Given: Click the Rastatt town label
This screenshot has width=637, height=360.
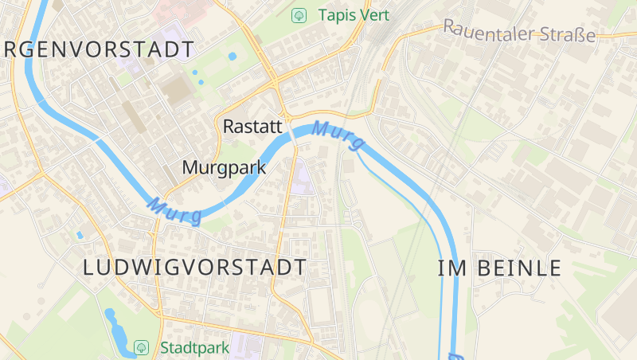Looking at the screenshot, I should point(252,127).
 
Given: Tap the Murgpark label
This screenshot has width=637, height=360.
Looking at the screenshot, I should point(224,168).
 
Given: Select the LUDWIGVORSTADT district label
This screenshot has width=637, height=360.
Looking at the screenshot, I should point(195,268).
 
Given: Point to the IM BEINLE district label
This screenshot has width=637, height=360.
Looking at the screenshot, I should point(499,268).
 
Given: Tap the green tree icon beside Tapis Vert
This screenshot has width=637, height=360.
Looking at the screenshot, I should point(299,15).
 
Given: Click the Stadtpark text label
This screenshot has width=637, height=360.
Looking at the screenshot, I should point(194,348).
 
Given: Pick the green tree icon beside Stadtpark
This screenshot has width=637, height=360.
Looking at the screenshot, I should point(141,348).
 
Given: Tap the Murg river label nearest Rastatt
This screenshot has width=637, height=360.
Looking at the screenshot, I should point(338,135).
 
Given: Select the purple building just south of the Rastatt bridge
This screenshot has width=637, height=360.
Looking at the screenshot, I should point(300,178).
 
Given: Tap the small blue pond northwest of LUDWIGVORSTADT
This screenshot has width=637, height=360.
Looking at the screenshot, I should point(80,235).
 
